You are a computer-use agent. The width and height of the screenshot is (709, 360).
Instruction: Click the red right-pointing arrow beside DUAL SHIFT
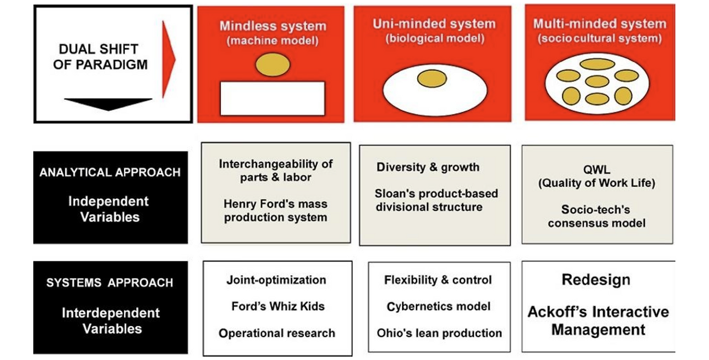click(168, 59)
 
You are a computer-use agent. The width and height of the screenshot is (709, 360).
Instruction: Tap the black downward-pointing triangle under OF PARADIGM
click(108, 103)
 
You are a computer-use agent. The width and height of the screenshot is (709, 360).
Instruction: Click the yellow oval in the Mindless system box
click(272, 64)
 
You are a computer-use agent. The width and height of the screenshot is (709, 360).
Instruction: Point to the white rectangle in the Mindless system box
click(272, 98)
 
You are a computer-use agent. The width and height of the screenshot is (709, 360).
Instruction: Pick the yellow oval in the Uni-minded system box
click(431, 79)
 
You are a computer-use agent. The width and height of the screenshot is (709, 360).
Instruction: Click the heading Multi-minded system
click(599, 24)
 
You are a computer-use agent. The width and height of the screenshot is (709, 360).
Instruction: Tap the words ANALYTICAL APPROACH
click(110, 172)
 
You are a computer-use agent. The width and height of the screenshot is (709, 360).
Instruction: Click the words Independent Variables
click(109, 209)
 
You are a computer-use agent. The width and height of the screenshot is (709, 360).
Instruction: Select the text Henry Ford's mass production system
click(275, 210)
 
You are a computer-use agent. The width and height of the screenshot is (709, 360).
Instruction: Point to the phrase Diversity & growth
click(428, 167)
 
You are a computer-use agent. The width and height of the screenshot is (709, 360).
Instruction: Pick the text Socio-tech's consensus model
click(597, 217)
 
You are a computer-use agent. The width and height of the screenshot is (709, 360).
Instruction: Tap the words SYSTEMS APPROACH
click(110, 283)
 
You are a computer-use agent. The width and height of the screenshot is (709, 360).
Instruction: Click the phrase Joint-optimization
click(276, 280)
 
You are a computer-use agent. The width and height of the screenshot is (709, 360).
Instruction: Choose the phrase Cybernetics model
click(438, 306)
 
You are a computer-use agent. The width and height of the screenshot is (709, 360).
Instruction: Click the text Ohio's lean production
click(439, 333)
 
